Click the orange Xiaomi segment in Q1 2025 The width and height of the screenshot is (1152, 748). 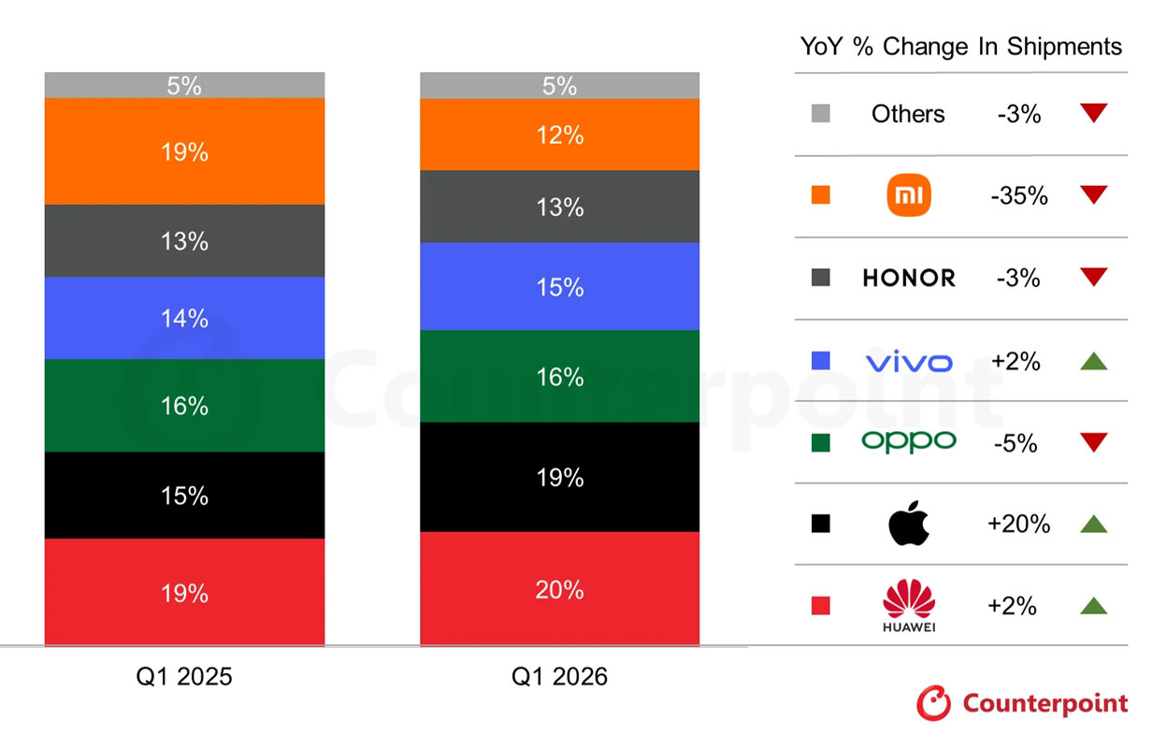point(184,151)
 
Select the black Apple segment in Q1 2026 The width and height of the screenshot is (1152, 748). point(559,477)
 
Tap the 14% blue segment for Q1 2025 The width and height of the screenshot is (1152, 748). point(184,318)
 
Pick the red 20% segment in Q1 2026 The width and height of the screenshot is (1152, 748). point(559,589)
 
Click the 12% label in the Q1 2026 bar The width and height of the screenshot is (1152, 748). point(560,136)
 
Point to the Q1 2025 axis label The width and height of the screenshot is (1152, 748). point(184,677)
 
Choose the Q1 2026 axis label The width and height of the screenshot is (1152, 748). point(559,677)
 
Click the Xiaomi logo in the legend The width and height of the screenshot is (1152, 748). point(908,196)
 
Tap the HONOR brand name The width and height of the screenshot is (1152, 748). point(908,279)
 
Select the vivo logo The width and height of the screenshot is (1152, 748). point(908,361)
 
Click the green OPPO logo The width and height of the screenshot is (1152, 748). point(908,441)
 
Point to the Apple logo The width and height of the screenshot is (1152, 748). point(908,524)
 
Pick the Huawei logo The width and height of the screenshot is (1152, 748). point(908,604)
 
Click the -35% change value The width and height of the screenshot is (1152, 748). point(1018,196)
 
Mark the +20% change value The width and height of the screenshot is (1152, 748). point(1018,525)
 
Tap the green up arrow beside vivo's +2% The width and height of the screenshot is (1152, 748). point(1093,361)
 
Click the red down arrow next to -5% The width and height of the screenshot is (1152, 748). point(1093,442)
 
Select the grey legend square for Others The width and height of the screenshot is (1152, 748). point(821,114)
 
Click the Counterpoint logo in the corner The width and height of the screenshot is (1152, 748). point(1022,703)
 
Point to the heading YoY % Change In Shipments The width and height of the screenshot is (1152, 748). point(961,47)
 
